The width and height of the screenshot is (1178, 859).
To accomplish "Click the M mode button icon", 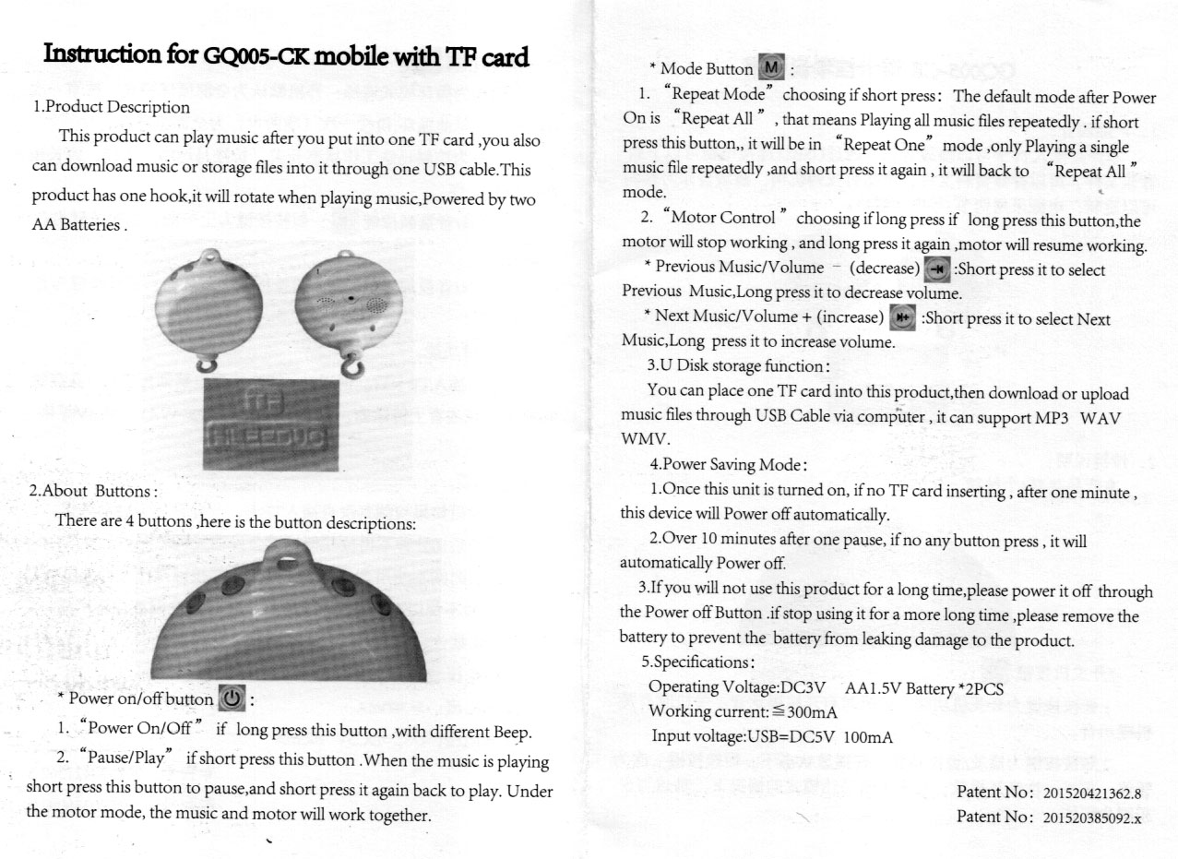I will point(770,67).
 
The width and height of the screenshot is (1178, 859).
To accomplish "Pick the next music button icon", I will point(901,318).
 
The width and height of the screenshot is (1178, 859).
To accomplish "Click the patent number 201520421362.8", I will point(1091,793).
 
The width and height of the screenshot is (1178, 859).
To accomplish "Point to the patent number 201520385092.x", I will point(1091,817).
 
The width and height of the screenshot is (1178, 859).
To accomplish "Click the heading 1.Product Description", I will point(111,107).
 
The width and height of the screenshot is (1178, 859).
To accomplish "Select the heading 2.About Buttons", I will point(93,490).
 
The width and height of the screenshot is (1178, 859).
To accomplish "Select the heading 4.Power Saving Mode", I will point(728,464).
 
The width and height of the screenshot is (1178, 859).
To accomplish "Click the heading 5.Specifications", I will point(698,662).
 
